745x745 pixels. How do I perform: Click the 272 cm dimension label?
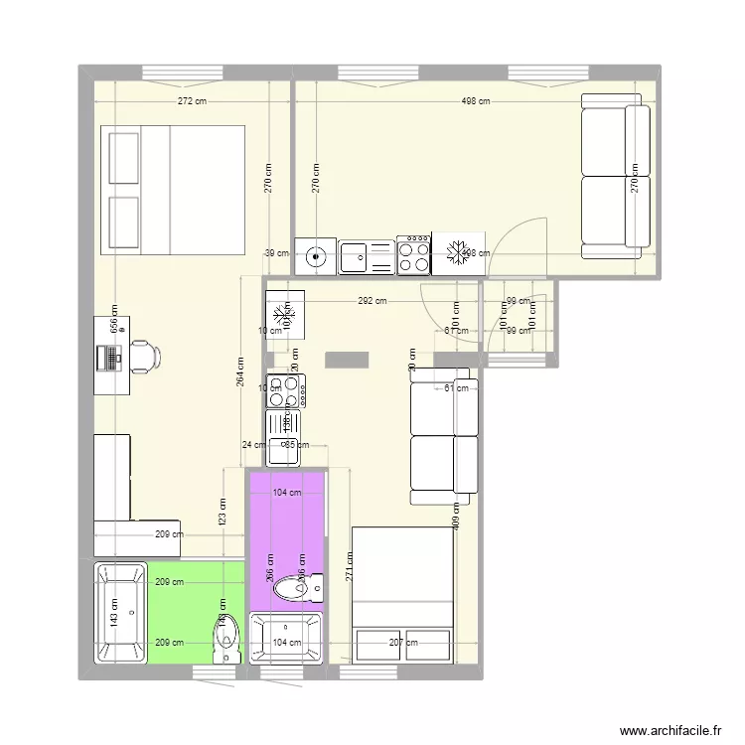[x=192, y=101]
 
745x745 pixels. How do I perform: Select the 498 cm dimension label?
[x=476, y=101]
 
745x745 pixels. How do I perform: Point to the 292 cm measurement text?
[x=372, y=301]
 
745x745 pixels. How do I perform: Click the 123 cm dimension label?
[x=223, y=513]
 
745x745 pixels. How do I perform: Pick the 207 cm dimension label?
[x=403, y=643]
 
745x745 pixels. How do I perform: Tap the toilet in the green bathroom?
[x=226, y=636]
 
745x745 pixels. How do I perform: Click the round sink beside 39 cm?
[x=316, y=257]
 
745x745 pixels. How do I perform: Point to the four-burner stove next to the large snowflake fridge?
[x=413, y=254]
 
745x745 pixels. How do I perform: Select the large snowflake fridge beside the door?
[x=459, y=254]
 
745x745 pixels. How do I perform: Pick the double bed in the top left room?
[x=171, y=190]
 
